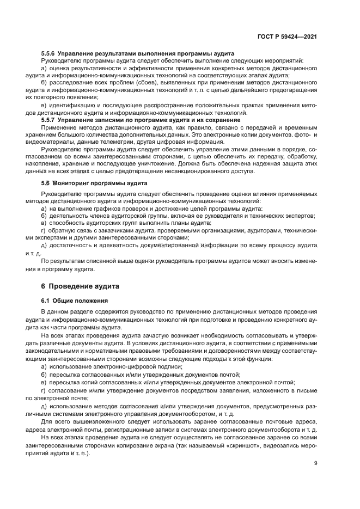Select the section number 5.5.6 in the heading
[49, 54]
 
